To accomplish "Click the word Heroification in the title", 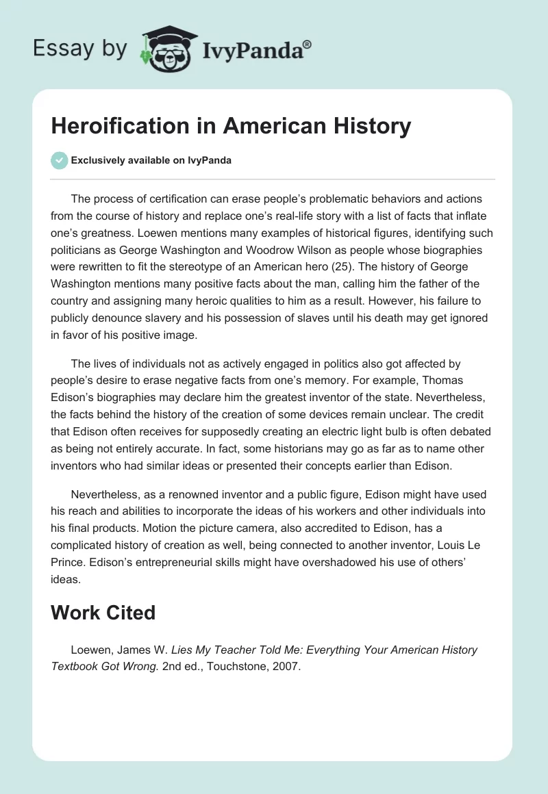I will click(x=118, y=126).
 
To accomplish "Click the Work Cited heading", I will click(x=103, y=612).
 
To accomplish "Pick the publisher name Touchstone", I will click(x=231, y=667).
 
